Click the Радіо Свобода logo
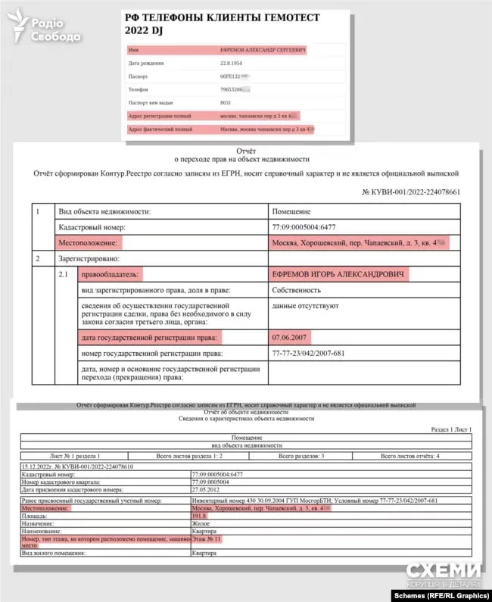(47, 29)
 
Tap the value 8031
(225, 101)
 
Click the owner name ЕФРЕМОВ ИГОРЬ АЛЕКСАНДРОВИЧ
(338, 273)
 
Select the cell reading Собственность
(296, 290)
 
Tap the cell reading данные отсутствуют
(305, 307)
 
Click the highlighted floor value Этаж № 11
(206, 538)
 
